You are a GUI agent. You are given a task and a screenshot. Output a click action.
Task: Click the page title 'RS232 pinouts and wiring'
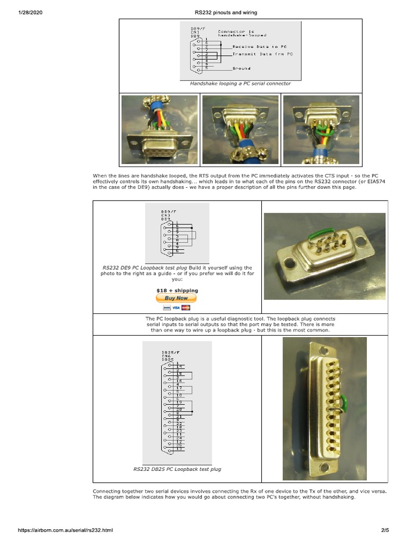click(226, 13)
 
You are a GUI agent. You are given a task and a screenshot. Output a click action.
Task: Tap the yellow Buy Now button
click(176, 298)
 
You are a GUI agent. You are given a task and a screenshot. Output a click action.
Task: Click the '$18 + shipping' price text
click(177, 291)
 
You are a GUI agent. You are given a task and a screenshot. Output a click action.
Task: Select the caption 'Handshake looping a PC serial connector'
click(240, 83)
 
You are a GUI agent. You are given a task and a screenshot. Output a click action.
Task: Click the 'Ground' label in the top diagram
click(241, 68)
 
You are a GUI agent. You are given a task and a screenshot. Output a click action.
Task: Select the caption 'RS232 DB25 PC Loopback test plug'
click(177, 469)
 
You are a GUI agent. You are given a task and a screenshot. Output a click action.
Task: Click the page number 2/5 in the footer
click(385, 530)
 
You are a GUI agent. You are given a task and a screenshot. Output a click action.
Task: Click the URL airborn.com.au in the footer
click(66, 530)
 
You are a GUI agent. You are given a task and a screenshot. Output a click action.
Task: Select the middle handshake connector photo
click(240, 129)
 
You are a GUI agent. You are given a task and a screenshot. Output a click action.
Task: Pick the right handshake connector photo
click(321, 129)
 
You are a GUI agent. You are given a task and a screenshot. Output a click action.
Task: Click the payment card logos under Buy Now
click(176, 308)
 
